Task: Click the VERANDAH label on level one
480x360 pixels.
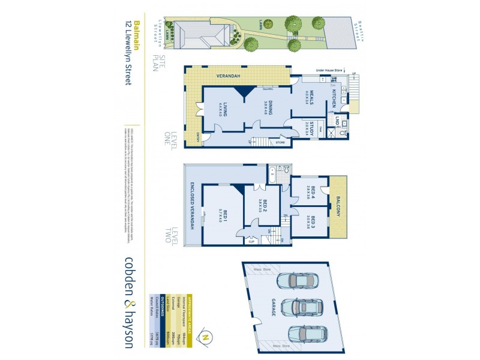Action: pos(229,76)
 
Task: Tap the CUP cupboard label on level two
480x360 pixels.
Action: pos(251,241)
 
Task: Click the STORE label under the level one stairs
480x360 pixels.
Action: pos(280,143)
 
